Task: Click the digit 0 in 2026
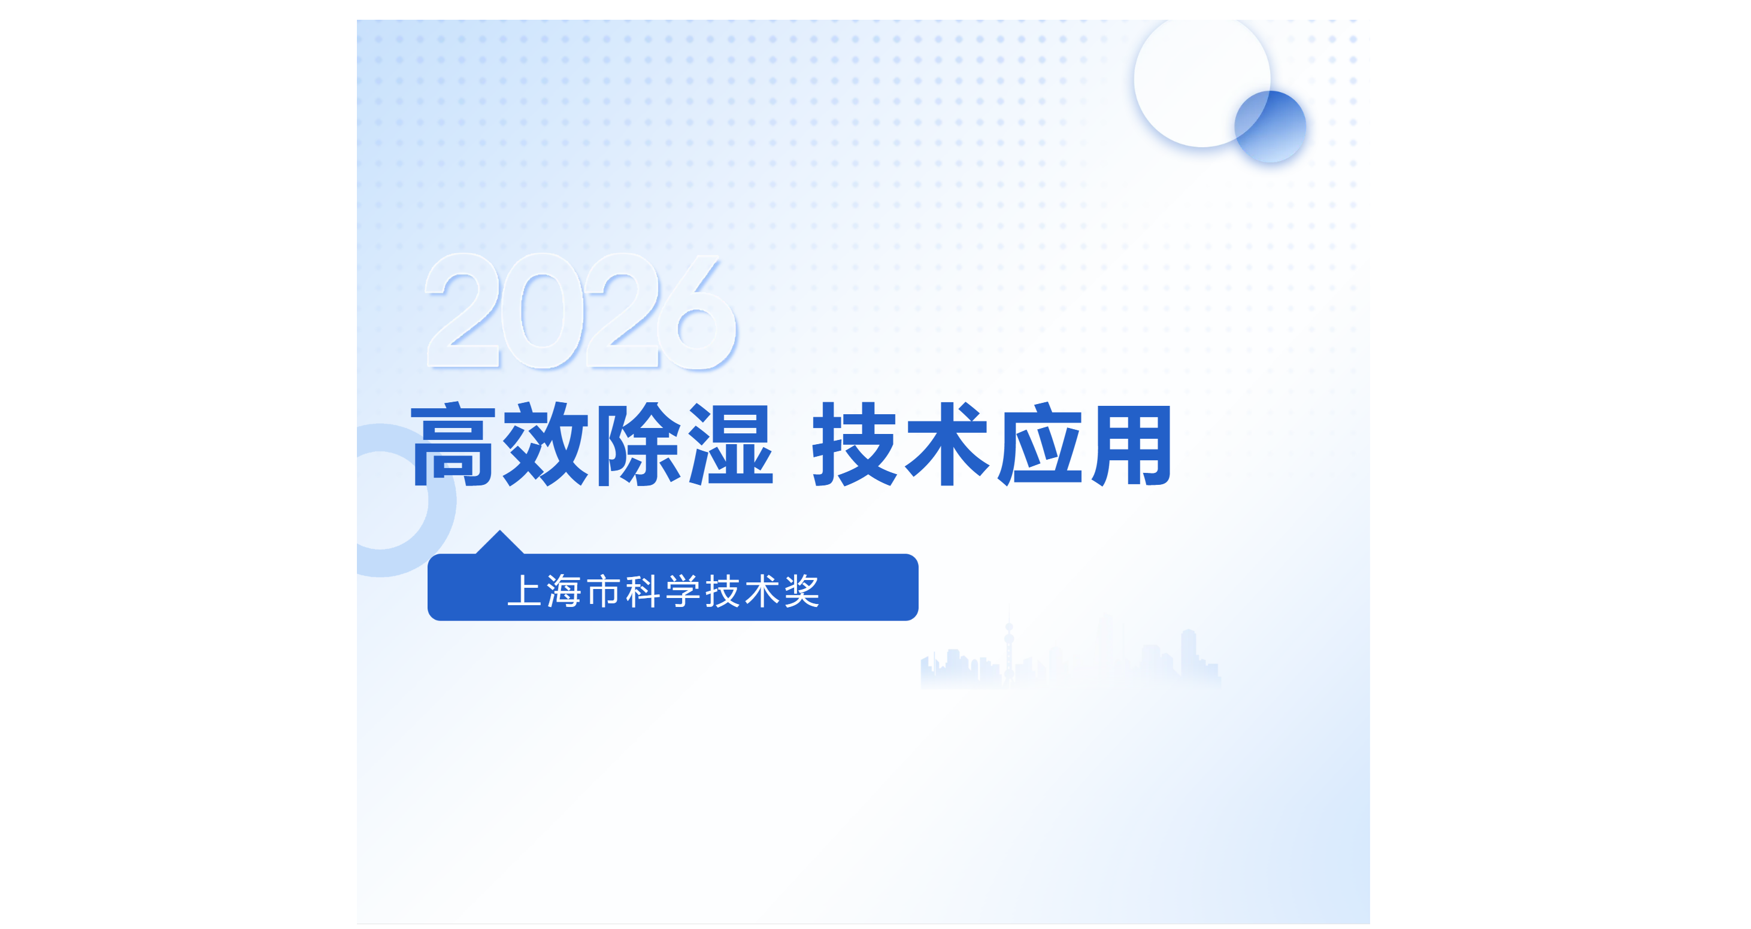[542, 311]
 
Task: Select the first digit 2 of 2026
[463, 311]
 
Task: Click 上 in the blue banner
[525, 591]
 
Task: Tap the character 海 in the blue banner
[564, 591]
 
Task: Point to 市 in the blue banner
[604, 591]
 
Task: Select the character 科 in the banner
[643, 591]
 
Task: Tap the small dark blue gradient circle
[1270, 127]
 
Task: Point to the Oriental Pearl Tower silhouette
[1010, 646]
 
